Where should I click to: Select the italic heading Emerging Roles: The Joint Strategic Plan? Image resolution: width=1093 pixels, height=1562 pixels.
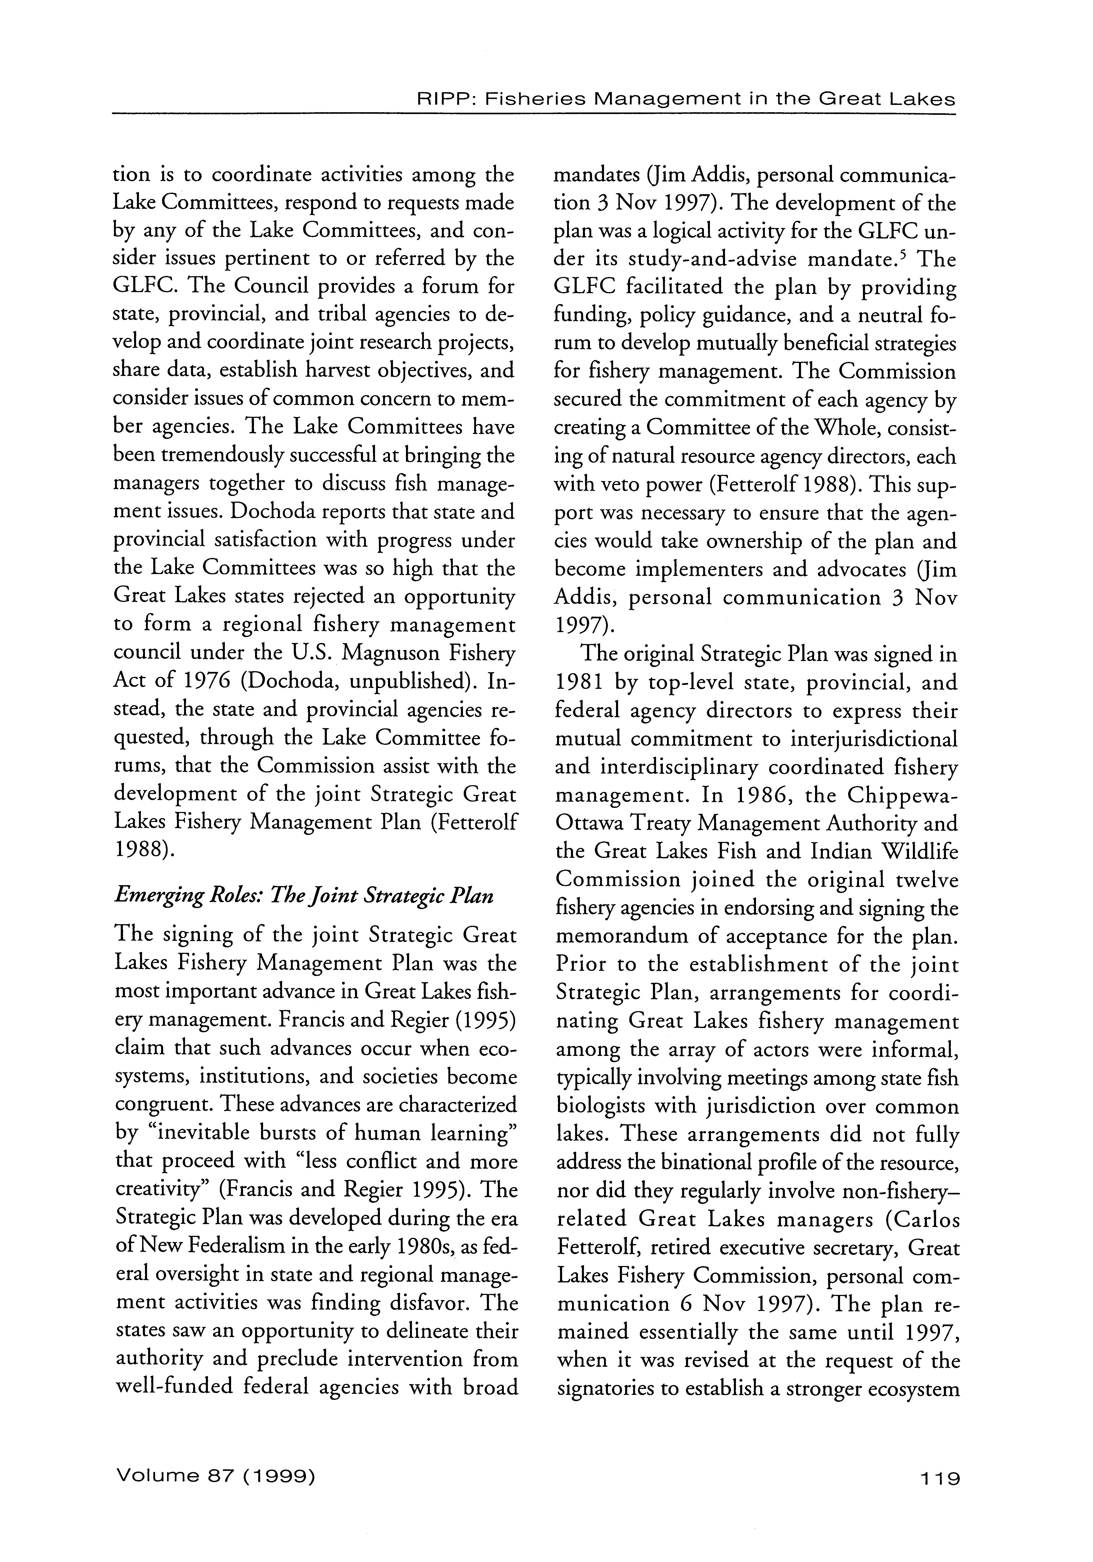[x=304, y=895]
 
